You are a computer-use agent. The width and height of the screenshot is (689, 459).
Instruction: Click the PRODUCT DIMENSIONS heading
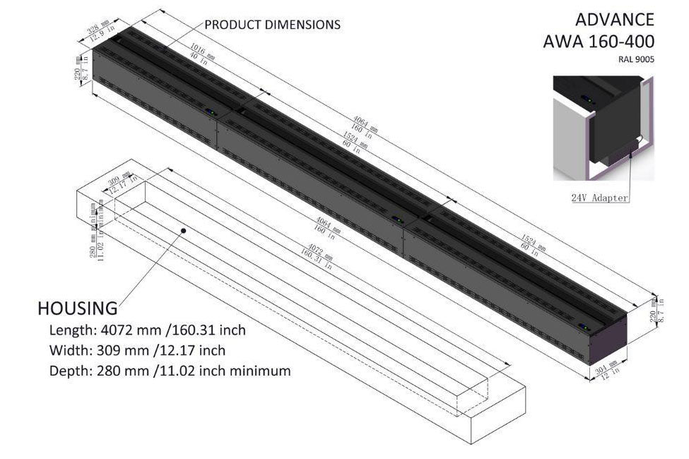(272, 25)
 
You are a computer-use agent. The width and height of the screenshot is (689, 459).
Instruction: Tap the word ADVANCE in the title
(615, 19)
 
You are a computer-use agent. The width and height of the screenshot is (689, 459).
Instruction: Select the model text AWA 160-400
(599, 41)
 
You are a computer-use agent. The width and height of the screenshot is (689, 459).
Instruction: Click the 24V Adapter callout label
(599, 198)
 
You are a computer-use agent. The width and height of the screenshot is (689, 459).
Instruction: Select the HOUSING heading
(77, 309)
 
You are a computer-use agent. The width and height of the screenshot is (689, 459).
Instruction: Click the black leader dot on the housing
(184, 230)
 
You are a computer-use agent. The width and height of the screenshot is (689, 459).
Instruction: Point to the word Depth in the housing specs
(67, 371)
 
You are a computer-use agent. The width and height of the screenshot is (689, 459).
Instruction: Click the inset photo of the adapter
(604, 127)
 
